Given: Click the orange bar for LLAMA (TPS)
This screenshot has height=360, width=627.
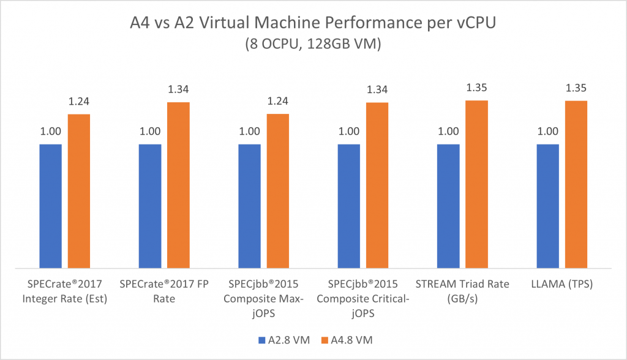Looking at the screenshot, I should pos(576,184).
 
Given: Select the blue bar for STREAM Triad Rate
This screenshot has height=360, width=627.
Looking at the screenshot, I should pos(448,206).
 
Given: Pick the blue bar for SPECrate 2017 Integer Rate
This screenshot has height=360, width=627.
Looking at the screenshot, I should pos(51,206).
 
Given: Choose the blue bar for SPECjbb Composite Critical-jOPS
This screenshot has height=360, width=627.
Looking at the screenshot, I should pos(349,206).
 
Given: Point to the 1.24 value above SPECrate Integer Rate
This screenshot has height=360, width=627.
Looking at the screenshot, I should pos(79,102).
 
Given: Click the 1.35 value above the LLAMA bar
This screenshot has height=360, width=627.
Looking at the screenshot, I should pos(576,88).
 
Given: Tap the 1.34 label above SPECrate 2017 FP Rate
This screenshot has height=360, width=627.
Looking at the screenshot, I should pos(178,89).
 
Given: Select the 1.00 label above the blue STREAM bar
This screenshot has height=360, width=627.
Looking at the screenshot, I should pos(448,131).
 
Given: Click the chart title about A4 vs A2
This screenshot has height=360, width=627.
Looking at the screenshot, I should pos(313,25).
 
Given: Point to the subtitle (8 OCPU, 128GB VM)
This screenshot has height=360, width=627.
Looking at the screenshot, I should pos(313,47).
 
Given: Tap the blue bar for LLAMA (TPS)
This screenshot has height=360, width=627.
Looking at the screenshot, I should pos(547,206).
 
